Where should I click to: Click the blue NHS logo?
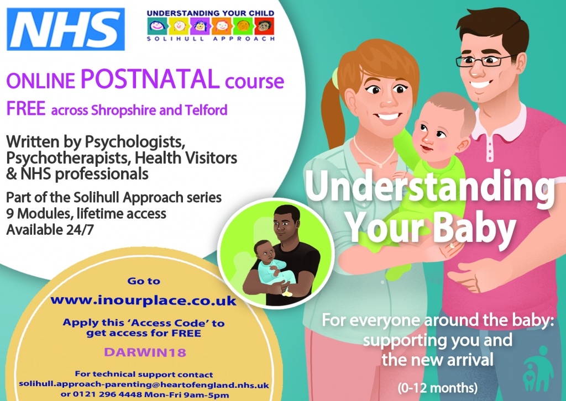66,29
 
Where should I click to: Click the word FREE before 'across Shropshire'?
26,109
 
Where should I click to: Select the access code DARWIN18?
145,352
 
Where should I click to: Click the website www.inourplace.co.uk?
143,300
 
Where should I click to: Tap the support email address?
144,385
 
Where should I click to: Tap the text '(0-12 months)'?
438,388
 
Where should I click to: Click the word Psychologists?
135,142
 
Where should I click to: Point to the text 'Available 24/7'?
50,230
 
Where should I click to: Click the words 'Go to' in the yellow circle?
144,281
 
